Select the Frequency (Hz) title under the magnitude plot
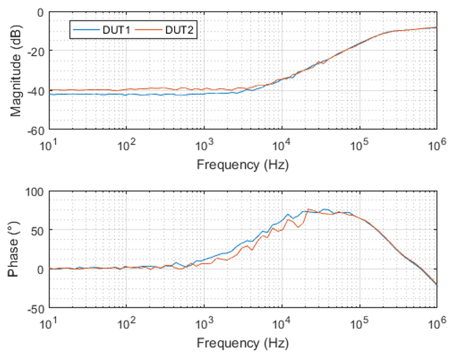243,164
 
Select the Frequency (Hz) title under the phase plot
243,342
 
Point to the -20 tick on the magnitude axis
36,51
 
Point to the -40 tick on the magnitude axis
36,90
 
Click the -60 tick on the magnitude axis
36,129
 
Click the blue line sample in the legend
85,30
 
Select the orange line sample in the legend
147,30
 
